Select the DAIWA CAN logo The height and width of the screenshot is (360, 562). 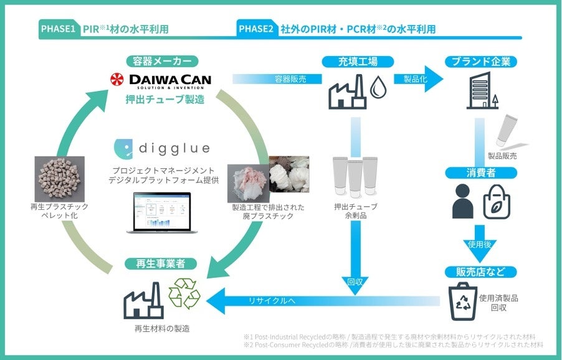161,80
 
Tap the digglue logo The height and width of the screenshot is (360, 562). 162,148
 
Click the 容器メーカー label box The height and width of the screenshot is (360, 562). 161,61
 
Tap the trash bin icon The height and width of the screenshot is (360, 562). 464,298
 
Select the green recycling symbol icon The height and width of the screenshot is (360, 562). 184,294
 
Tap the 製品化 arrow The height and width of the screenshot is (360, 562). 419,79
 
